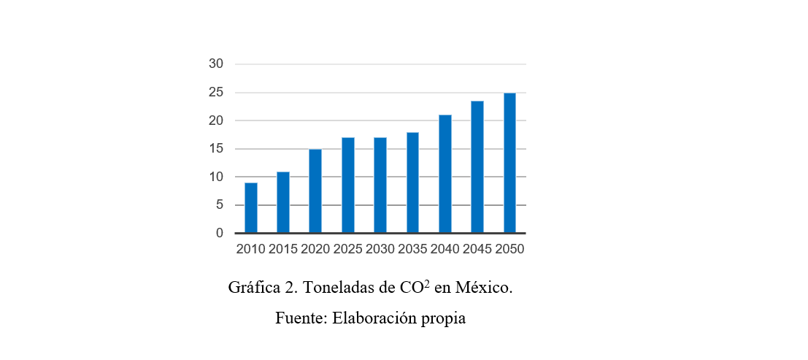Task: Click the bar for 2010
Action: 250,208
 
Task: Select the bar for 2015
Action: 283,202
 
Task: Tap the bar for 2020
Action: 315,191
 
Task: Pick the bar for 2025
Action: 347,185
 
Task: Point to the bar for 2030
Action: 380,185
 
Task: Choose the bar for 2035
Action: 412,183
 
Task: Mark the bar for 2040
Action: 445,175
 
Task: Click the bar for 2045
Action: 477,167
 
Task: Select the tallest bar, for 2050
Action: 509,163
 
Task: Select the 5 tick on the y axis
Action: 218,205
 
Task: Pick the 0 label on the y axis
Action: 218,234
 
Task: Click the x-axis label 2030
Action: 380,250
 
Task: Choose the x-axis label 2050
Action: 509,250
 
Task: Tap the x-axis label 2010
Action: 250,250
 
